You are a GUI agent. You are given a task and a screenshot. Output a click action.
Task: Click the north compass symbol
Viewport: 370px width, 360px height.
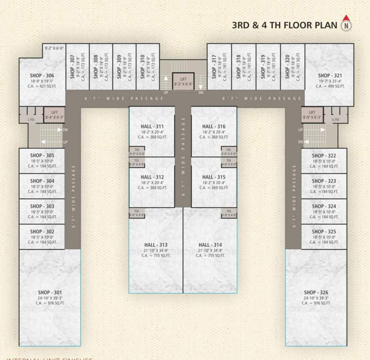pos(346,23)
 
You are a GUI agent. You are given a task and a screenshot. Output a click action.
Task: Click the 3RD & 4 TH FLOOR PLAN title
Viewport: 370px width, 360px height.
pos(284,25)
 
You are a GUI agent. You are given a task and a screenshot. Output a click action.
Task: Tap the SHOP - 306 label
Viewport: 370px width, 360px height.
pos(42,75)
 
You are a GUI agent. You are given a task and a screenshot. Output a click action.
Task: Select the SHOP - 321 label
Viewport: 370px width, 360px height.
pos(330,75)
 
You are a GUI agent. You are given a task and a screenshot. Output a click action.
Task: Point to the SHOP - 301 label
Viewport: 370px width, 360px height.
pos(42,292)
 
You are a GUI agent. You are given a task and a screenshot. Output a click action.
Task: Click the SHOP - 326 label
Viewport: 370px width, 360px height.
pos(316,292)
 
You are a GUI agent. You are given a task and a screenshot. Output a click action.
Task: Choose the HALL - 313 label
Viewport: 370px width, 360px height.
pos(156,245)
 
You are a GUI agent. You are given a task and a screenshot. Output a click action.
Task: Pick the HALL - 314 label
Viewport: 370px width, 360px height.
pos(210,245)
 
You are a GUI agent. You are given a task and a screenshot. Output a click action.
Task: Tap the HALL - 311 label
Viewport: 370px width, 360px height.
pos(152,127)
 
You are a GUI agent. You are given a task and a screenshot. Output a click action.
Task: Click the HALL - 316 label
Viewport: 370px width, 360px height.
pos(214,127)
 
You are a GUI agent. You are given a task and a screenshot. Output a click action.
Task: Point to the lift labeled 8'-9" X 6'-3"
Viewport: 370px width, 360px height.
pos(312,114)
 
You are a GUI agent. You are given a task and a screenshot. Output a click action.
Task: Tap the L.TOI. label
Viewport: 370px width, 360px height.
pos(32,120)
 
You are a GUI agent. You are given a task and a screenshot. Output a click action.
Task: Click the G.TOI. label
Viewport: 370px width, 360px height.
pos(336,120)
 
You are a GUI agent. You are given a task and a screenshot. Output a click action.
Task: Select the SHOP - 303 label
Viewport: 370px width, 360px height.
pos(42,206)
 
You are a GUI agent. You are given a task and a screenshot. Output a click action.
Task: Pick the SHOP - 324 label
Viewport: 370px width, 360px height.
pos(324,206)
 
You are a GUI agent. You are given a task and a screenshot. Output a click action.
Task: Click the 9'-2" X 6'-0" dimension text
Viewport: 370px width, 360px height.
pos(54,48)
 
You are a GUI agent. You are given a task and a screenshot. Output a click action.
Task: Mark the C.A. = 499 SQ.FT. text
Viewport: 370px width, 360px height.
pos(330,86)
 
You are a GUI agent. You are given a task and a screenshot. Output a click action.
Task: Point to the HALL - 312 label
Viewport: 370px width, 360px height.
pos(152,177)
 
